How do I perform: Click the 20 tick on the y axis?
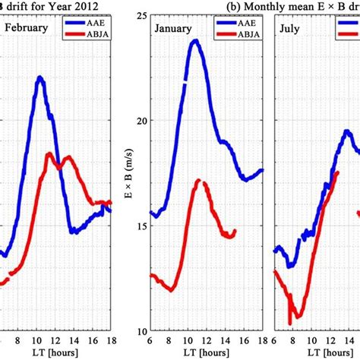click(138, 120)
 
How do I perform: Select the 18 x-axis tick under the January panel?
click(261, 341)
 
